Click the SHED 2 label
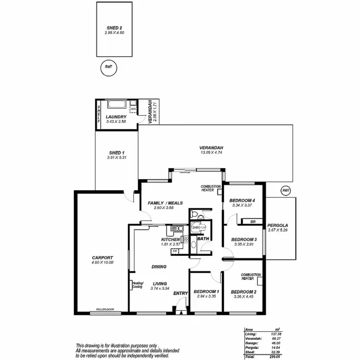[114, 28]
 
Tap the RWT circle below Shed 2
[108, 67]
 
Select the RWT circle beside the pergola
[287, 191]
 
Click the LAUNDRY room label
[116, 117]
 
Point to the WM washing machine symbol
[133, 109]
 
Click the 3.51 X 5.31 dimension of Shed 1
[117, 158]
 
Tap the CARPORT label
[102, 258]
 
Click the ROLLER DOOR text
[104, 310]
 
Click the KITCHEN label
[170, 239]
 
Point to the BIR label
[253, 222]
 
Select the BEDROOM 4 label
[242, 200]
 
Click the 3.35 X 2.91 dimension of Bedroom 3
[244, 244]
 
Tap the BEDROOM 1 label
[206, 291]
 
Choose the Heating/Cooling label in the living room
[137, 285]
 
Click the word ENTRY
[180, 294]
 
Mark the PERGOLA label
[278, 225]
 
